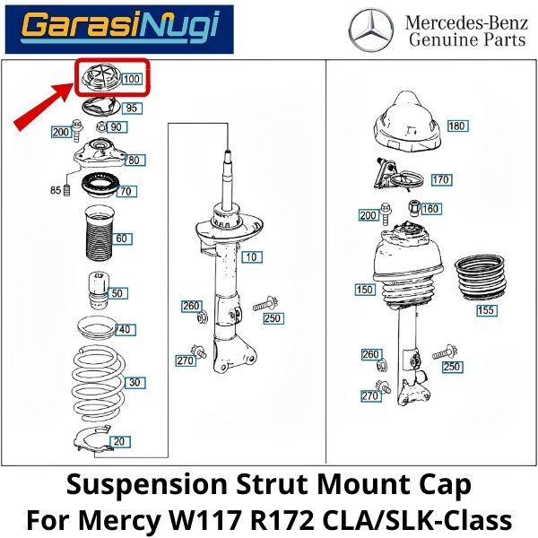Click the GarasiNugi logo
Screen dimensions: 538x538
pos(119,30)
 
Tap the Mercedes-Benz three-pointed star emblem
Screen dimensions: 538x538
pos(371,30)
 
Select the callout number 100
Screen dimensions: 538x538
pos(132,79)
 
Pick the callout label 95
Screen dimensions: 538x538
pos(132,108)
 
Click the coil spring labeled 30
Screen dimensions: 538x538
pos(99,385)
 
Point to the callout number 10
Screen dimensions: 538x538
pos(252,257)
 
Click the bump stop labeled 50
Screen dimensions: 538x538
pos(99,291)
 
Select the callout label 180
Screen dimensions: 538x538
pos(457,126)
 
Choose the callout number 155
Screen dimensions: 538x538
pos(486,310)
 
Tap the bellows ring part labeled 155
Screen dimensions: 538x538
pos(481,278)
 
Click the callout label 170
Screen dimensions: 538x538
pos(441,180)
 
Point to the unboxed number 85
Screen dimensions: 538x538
pos(56,190)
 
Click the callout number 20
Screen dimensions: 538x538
pos(119,441)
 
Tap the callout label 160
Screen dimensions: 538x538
pos(431,209)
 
